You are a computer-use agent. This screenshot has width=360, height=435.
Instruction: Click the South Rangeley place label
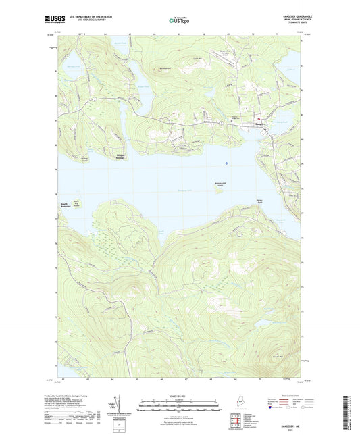[x=62, y=204]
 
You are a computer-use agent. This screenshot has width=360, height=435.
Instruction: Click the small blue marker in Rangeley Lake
[x=227, y=163]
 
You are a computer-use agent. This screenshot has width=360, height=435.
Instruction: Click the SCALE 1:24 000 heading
[x=180, y=395]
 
